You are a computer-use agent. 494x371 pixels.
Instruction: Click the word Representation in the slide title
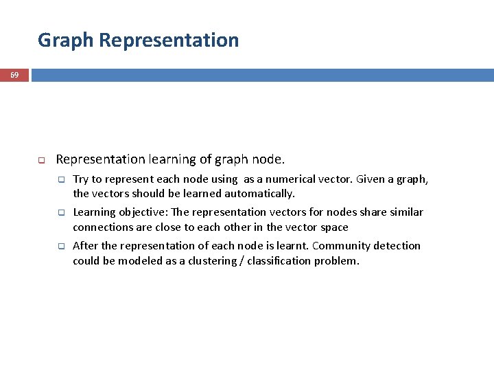(169, 40)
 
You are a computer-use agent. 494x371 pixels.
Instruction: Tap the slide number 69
(14, 74)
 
